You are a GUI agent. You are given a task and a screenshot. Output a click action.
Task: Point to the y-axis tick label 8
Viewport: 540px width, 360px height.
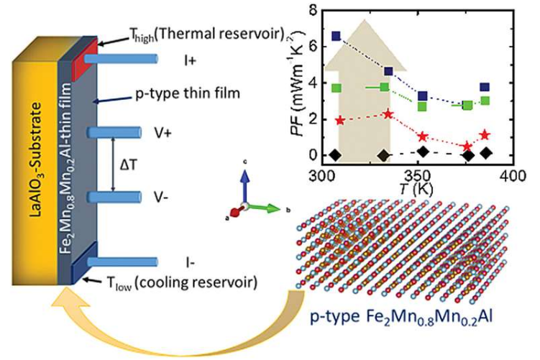pos(311,10)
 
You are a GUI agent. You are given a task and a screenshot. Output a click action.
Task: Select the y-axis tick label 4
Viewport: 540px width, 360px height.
pos(311,83)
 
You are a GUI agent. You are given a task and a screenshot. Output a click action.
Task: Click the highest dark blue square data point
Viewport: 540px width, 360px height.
pos(336,35)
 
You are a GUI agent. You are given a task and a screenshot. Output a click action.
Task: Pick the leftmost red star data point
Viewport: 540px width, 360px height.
pos(340,120)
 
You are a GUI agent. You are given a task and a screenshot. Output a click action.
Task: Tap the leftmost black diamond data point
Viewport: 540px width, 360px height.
pos(334,154)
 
